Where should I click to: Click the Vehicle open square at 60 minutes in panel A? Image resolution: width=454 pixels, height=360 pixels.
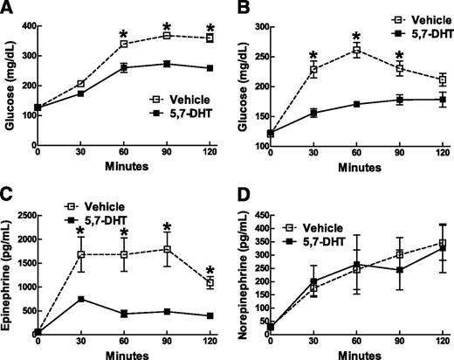[123, 44]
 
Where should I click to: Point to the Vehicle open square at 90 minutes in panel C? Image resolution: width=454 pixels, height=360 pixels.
[165, 249]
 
